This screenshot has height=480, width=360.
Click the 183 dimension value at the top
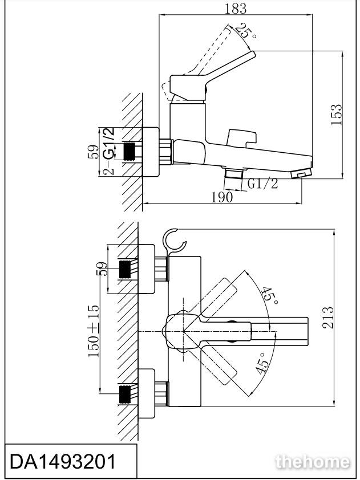235,8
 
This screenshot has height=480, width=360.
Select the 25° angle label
246,31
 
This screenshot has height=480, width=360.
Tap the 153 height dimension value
336,115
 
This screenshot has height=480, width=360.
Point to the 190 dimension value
222,197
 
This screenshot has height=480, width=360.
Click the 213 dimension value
327,318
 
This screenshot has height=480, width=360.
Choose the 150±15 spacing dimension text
94,331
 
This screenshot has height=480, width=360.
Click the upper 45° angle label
270,295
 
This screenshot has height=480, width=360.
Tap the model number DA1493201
63,461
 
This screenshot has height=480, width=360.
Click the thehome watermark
313,462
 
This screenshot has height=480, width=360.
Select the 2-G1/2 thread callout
109,151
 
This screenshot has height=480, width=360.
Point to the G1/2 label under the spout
262,184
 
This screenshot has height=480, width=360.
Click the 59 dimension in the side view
94,152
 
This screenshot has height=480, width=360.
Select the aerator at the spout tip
301,173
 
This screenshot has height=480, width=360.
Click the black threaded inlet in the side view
130,151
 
